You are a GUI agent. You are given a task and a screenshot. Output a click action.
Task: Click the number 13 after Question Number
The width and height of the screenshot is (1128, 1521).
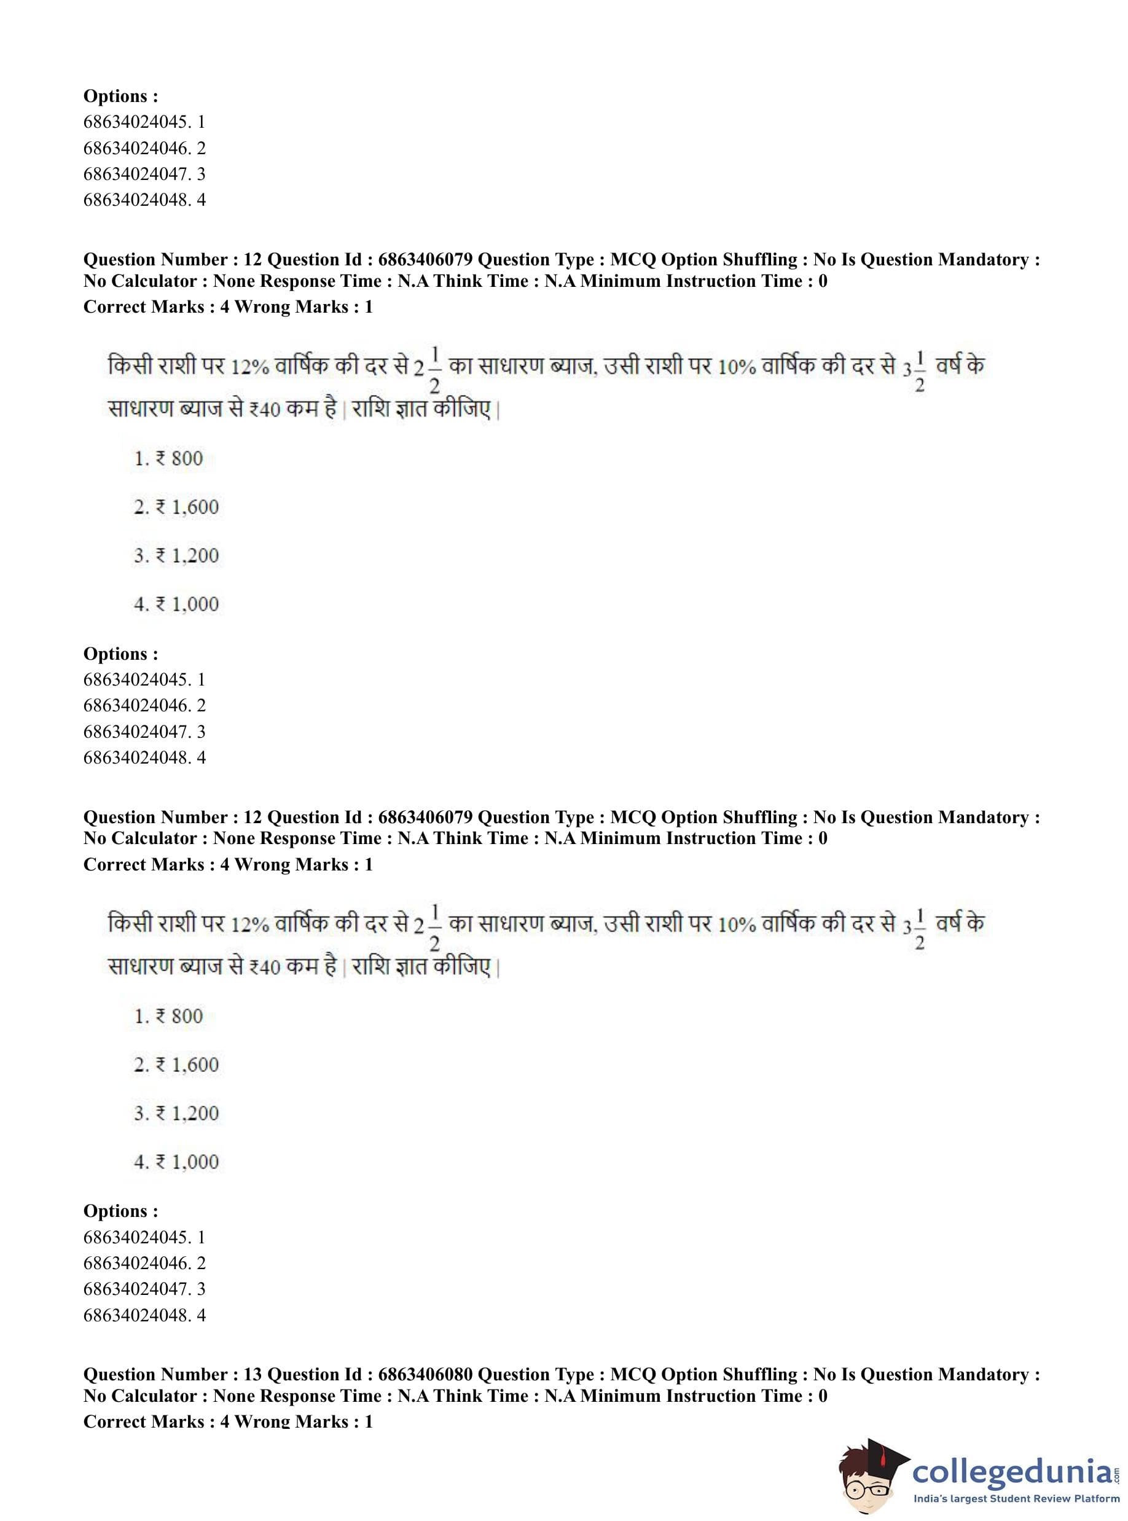tap(252, 1374)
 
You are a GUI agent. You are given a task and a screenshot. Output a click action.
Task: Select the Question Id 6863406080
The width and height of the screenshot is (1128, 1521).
tap(425, 1374)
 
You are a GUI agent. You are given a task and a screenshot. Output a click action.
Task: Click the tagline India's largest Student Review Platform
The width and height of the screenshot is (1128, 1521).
tap(1016, 1498)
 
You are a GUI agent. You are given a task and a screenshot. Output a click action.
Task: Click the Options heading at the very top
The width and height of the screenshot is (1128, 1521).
tap(120, 96)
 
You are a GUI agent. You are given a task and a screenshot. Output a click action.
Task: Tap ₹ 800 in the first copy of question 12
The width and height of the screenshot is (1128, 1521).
tap(179, 459)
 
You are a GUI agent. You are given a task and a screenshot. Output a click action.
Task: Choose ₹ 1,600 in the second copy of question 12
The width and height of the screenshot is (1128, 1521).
tap(187, 1065)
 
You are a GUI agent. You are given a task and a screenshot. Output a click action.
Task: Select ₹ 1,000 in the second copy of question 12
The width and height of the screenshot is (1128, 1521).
tap(187, 1161)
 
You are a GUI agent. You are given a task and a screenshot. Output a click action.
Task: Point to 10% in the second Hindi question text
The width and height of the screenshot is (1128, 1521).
tap(737, 925)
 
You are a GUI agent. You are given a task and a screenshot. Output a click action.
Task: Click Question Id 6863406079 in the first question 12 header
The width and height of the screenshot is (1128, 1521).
tap(425, 259)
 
